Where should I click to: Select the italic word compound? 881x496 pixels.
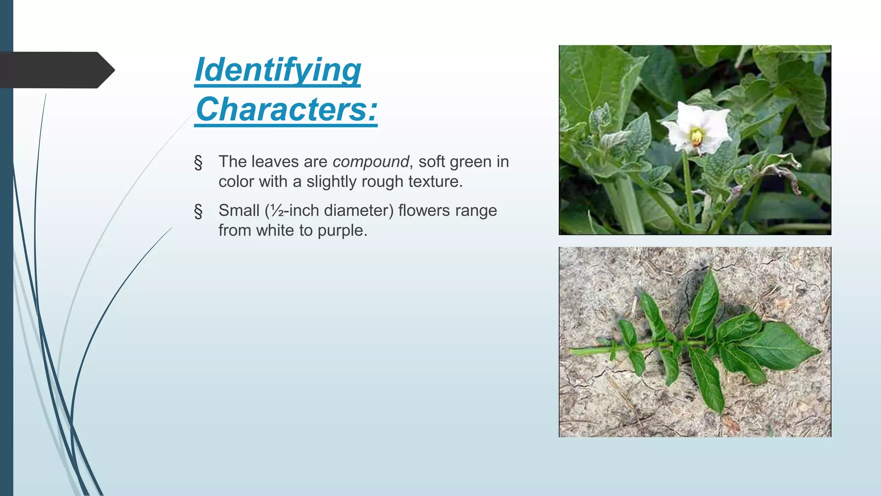pyautogui.click(x=370, y=162)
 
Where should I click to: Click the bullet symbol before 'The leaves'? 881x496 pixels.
pyautogui.click(x=198, y=163)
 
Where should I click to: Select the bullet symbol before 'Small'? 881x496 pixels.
pyautogui.click(x=198, y=211)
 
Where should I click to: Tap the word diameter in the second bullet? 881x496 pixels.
pyautogui.click(x=359, y=211)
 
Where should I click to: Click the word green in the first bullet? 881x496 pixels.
pyautogui.click(x=471, y=162)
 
